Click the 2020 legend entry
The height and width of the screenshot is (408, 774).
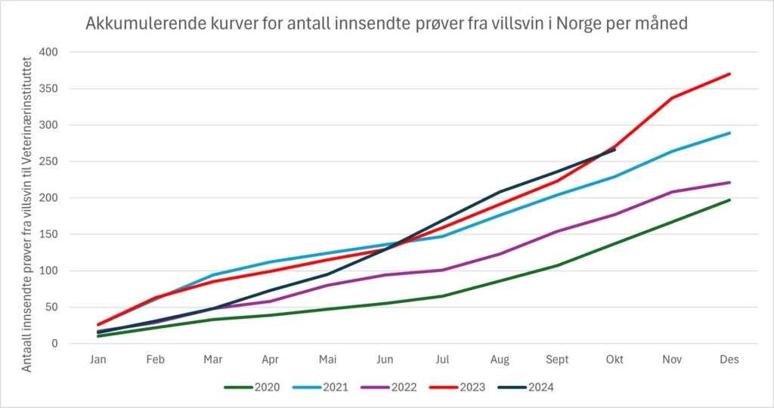(252, 388)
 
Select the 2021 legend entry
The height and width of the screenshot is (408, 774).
(320, 388)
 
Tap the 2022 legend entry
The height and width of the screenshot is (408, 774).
(389, 388)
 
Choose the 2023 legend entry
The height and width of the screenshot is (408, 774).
(457, 388)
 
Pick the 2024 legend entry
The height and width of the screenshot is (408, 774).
(525, 388)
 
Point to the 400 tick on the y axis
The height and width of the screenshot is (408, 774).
(48, 52)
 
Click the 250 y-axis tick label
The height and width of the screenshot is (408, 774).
(48, 162)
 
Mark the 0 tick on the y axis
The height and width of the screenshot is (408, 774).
(54, 344)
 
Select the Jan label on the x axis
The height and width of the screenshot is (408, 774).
(98, 360)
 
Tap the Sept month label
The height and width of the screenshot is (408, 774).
(557, 360)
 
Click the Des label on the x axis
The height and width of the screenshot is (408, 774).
(729, 360)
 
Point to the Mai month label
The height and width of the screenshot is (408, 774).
(328, 360)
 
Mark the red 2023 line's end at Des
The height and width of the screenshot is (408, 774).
(729, 74)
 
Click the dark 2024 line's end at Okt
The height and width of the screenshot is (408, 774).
(615, 150)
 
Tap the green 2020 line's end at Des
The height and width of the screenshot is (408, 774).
(729, 199)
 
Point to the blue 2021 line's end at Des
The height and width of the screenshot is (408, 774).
(729, 133)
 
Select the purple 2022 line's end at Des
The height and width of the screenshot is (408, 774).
(729, 183)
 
